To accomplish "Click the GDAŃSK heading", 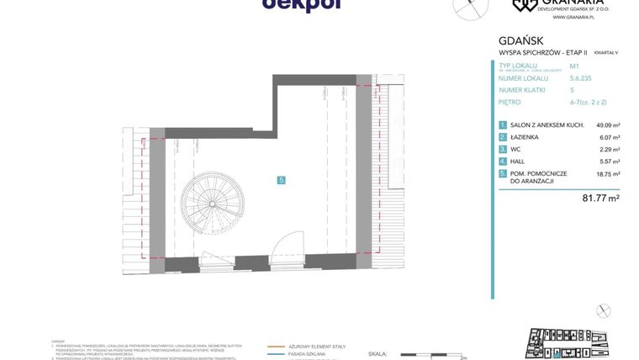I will [520, 40].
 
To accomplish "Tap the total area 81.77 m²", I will [601, 199].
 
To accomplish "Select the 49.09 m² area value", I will [608, 125].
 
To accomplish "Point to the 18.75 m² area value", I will [608, 174].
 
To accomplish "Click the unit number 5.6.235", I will [580, 77].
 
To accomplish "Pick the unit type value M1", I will [574, 66].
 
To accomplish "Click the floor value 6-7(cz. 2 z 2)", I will [588, 102].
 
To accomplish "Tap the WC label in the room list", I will [515, 149].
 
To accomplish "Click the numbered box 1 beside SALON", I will [503, 125].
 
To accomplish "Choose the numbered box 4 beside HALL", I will [503, 161].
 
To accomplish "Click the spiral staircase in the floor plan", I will [210, 204].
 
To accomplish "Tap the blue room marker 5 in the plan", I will [282, 180].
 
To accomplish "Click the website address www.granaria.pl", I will [575, 17].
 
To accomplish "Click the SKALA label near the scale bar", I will [378, 354].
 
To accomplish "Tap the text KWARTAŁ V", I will [605, 52].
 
